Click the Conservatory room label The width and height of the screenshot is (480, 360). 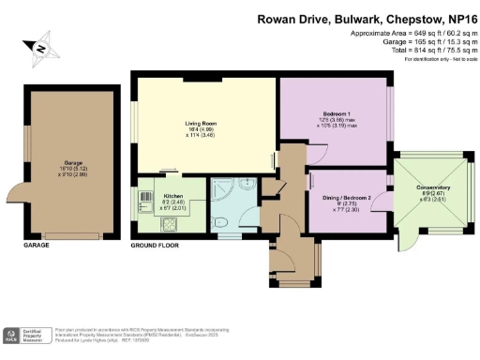(433, 187)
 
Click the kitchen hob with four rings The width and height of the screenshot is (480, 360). (148, 222)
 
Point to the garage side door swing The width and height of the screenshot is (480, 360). (19, 192)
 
